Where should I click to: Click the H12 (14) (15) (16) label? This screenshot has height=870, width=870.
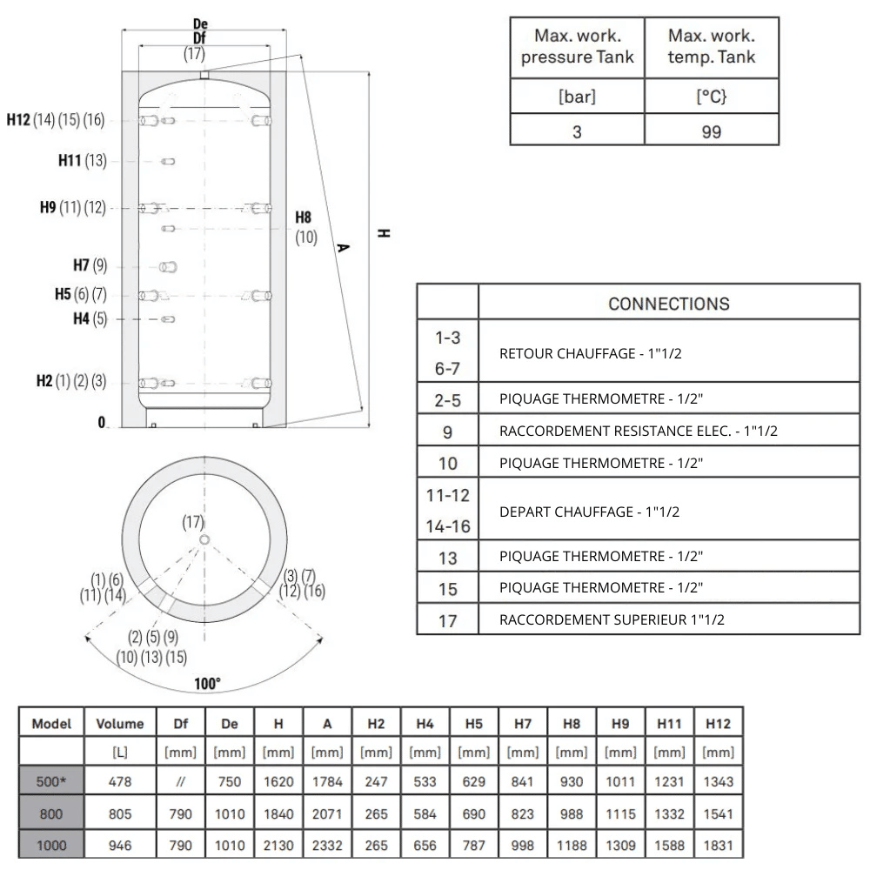(56, 120)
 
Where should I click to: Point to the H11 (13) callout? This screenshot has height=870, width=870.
(82, 161)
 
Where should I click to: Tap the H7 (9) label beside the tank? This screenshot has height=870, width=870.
(90, 265)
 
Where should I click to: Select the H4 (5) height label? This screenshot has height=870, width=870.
(90, 318)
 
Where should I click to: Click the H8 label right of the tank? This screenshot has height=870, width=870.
(303, 217)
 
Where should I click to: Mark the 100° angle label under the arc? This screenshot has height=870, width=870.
(208, 683)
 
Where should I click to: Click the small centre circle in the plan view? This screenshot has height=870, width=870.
(204, 540)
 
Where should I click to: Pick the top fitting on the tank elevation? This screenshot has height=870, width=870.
(204, 75)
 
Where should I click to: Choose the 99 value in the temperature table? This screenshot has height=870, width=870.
(712, 132)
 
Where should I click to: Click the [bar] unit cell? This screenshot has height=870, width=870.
(577, 97)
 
